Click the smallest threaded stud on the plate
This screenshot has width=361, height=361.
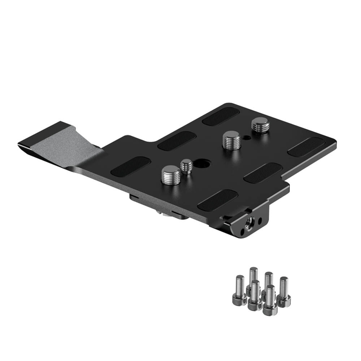[186, 166]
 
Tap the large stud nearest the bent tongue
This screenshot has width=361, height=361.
[171, 175]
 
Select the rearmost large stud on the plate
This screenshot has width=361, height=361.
[260, 125]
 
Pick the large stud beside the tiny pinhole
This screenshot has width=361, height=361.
[232, 140]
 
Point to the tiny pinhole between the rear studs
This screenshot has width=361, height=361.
[246, 137]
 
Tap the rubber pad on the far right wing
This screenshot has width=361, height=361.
[305, 147]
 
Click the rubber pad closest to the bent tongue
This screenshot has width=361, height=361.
[131, 166]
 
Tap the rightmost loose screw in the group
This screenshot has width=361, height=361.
[284, 292]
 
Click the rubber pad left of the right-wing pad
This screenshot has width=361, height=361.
[263, 173]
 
